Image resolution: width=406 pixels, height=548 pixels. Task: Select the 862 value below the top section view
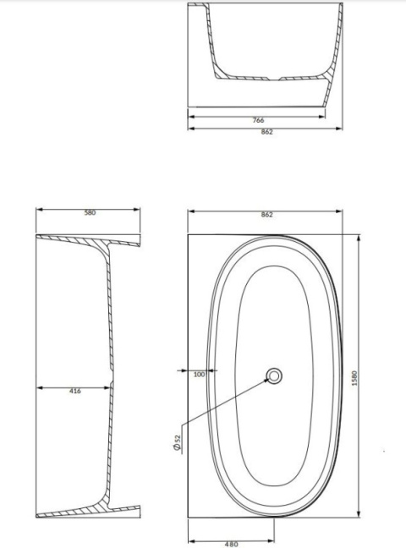click(x=266, y=134)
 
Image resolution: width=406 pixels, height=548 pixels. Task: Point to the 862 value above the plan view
click(x=266, y=215)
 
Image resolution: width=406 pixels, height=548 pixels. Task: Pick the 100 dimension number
click(x=200, y=374)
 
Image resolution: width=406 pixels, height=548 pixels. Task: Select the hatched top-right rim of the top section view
click(x=339, y=10)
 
